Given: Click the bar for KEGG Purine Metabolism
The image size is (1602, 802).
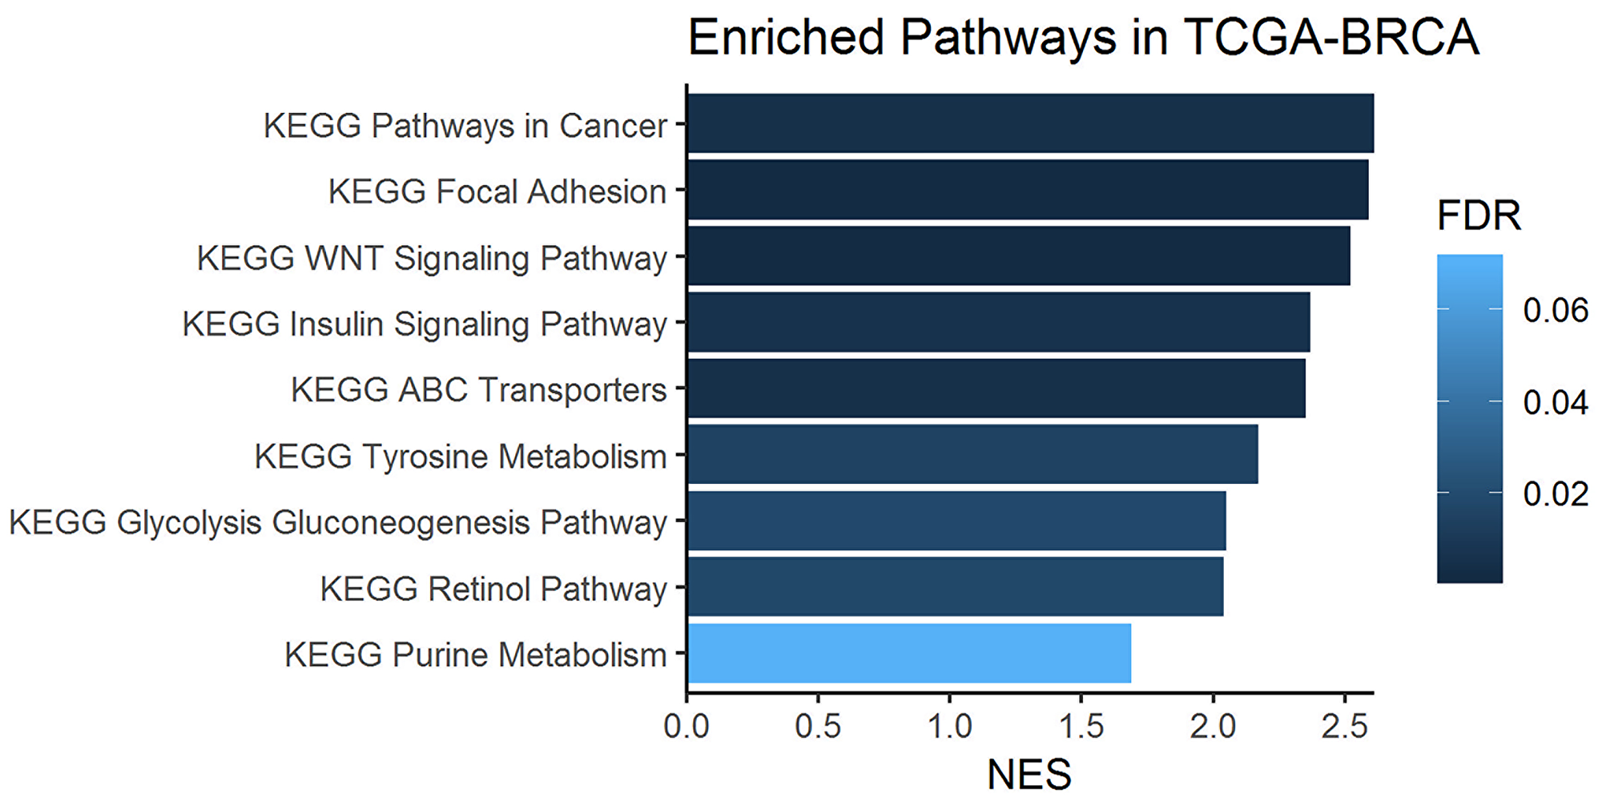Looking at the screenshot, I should click(x=909, y=654).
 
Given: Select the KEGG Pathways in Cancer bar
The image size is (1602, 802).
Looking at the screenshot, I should click(x=1030, y=123).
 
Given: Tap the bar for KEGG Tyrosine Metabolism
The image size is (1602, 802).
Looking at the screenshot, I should click(x=972, y=454).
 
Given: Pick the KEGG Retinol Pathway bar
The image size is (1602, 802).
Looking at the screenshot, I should click(x=955, y=587).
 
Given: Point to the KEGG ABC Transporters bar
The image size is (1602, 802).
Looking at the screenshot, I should click(x=996, y=389).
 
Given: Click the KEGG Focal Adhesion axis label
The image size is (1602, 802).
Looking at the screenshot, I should click(x=497, y=192).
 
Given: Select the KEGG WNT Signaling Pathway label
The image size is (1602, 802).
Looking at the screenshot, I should click(x=432, y=259).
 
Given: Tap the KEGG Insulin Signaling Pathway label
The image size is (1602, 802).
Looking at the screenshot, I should click(x=425, y=324).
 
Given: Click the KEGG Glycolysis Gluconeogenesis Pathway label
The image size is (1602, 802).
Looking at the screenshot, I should click(x=338, y=522).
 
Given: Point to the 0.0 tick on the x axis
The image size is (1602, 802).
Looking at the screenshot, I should click(x=686, y=726).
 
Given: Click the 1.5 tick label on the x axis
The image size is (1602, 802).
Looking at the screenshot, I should click(x=1081, y=726).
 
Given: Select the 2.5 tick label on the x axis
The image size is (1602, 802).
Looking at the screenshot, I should click(x=1344, y=726).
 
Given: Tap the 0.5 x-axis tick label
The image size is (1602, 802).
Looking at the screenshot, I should click(x=818, y=726).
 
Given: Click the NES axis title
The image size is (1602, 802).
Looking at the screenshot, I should click(x=1029, y=775).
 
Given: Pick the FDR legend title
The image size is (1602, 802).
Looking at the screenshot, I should click(x=1479, y=216).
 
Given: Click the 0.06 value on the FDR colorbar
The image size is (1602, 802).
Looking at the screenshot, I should click(x=1556, y=311).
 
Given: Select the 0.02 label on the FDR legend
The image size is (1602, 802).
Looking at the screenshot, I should click(x=1556, y=494).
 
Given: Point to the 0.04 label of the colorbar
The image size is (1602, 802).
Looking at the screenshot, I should click(x=1556, y=402).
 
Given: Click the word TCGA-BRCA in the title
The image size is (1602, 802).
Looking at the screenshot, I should click(x=1330, y=38).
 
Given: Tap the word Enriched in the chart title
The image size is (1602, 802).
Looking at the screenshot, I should click(x=787, y=38).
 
